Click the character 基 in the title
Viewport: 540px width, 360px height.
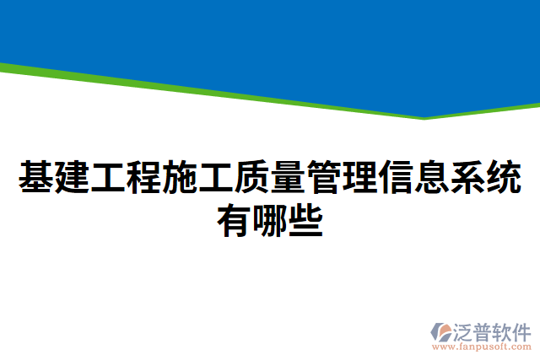[35, 178]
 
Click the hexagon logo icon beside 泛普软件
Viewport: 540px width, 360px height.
[440, 332]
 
